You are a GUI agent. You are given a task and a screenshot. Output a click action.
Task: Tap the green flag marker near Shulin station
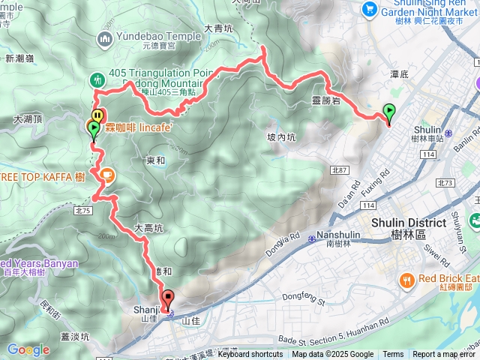click(388, 112)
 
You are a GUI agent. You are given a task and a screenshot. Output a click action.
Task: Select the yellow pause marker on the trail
click(97, 116)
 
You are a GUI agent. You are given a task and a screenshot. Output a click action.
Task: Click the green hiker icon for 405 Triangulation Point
click(97, 79)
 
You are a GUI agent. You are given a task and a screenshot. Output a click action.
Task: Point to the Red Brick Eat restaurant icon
click(406, 280)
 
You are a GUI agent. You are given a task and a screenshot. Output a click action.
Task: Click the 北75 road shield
click(82, 211)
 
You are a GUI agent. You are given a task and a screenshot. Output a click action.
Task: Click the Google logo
click(28, 349)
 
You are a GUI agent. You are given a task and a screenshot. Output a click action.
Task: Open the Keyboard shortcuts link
click(250, 355)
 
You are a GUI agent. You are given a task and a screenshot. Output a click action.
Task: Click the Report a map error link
click(443, 355)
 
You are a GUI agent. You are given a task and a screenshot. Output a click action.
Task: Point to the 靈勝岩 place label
click(325, 98)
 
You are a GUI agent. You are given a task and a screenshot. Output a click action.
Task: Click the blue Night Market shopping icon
click(368, 8)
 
